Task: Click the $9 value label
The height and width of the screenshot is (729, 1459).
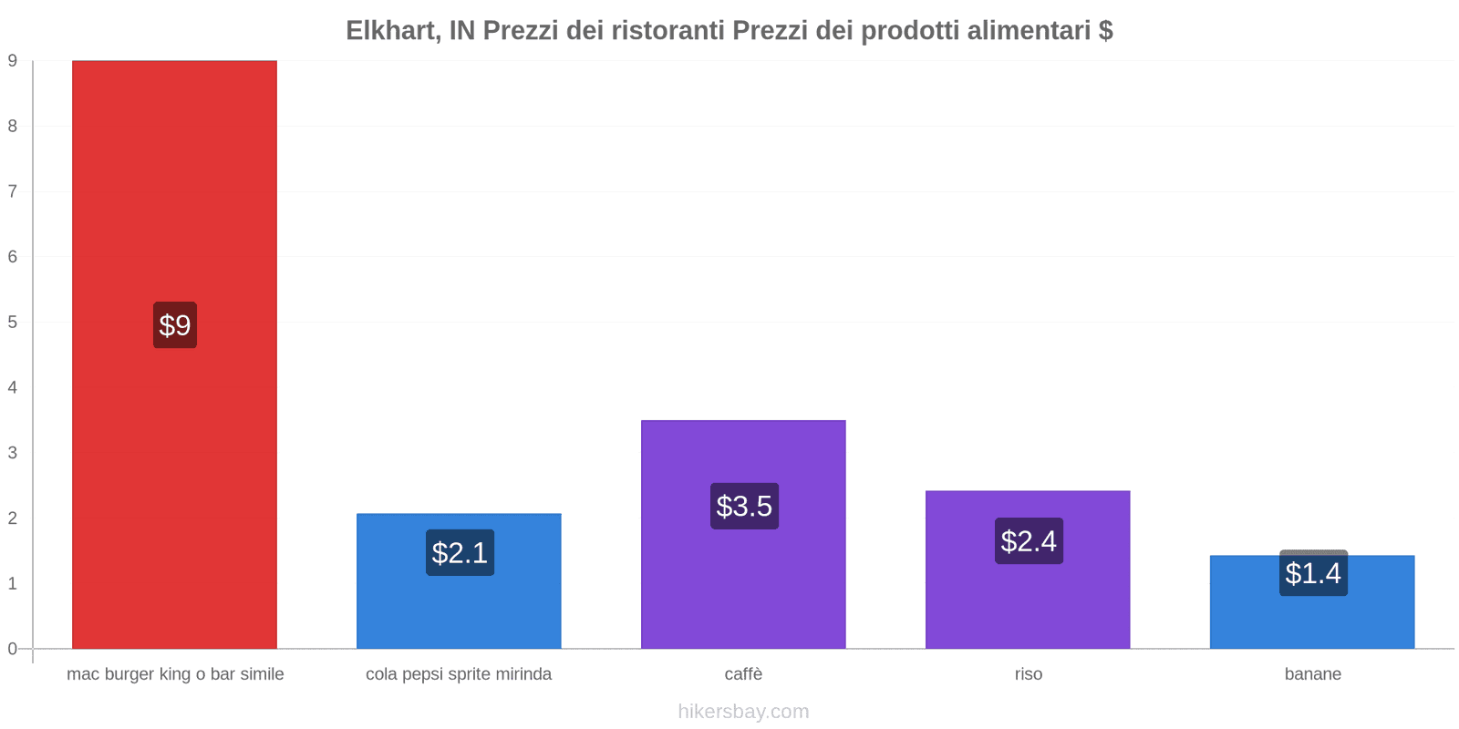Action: click(175, 325)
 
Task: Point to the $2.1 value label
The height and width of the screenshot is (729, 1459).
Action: click(460, 553)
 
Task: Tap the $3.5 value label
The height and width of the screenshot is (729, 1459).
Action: click(744, 506)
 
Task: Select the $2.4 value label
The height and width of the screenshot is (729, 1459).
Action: click(1029, 541)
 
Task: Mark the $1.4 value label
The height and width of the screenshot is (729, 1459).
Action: click(1313, 573)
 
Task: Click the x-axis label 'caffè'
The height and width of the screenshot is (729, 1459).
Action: click(743, 674)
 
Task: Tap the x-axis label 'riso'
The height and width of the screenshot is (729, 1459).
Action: click(1028, 674)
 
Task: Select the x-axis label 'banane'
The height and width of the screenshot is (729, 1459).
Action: click(1312, 674)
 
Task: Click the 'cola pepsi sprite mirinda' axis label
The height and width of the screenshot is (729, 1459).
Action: click(459, 674)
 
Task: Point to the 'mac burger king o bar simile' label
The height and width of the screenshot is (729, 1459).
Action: click(175, 674)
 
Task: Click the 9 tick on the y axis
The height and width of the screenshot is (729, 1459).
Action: click(13, 61)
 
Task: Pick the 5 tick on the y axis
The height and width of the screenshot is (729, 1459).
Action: click(13, 323)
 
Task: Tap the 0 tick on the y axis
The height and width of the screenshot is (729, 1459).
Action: click(13, 649)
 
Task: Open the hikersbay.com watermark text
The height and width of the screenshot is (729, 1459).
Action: click(743, 712)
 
